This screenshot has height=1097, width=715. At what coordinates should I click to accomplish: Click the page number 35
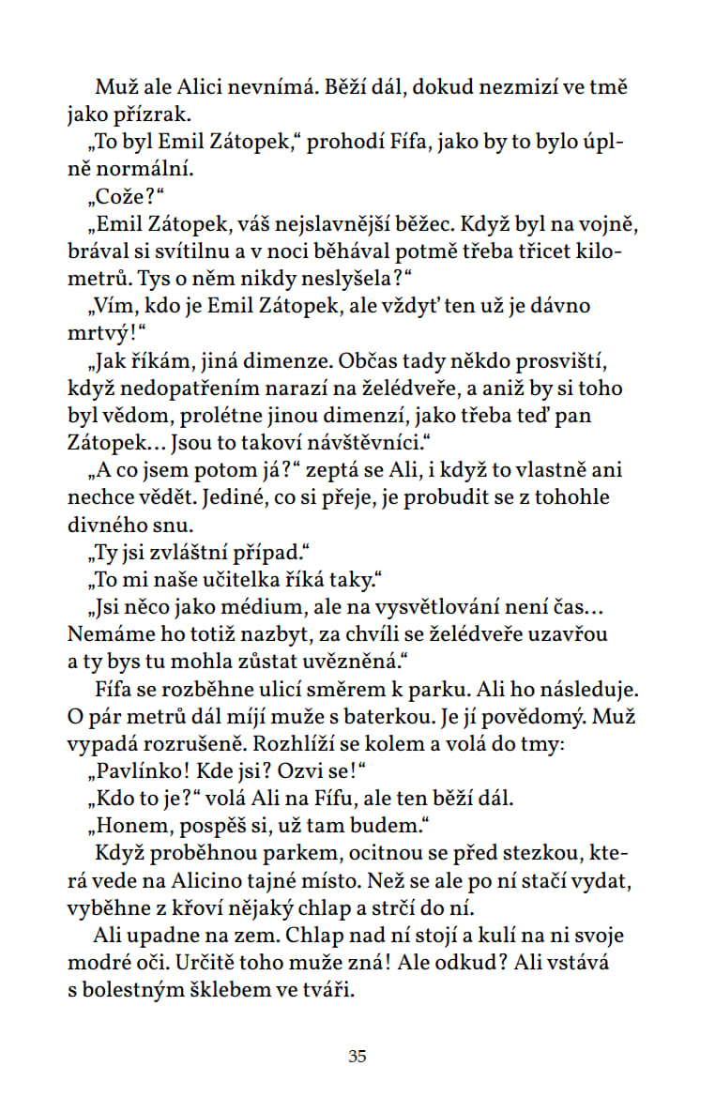(357, 1056)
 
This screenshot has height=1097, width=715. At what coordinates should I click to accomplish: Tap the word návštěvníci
(377, 442)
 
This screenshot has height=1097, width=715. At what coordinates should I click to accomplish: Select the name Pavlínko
(145, 769)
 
